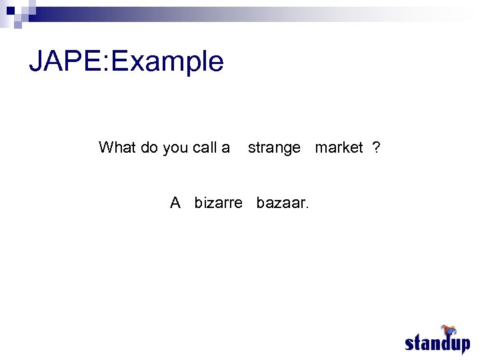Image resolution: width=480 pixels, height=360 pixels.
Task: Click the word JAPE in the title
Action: [x=67, y=61]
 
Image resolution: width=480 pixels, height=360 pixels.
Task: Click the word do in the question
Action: [x=149, y=147]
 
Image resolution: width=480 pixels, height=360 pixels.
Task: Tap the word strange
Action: [x=274, y=148]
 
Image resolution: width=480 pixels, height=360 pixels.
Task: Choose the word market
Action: [x=339, y=147]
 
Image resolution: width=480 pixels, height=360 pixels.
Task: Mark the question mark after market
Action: [x=377, y=147]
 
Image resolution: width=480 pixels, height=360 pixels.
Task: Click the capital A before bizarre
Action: [x=175, y=203]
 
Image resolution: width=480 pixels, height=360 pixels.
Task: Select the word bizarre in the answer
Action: [x=219, y=203]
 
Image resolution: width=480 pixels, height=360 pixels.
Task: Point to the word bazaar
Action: [x=281, y=203]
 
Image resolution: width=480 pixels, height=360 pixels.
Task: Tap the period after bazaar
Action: [x=307, y=207]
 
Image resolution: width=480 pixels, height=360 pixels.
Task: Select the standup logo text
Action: [x=437, y=344]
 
